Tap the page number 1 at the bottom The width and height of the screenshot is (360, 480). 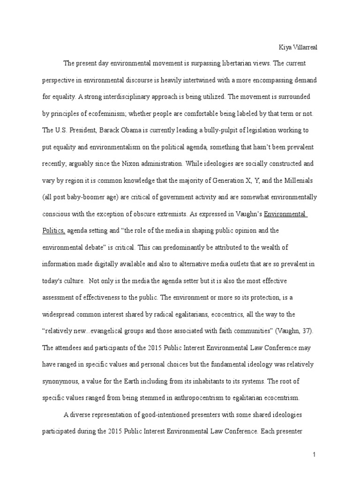point(315,454)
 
